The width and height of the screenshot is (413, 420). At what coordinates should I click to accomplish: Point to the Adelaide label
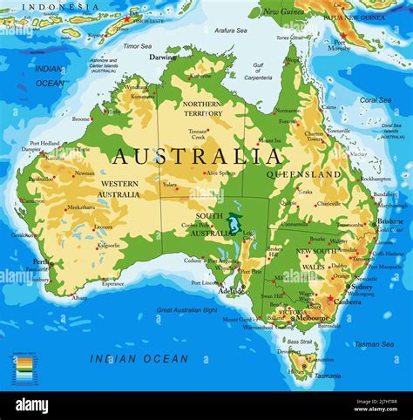(x=232, y=290)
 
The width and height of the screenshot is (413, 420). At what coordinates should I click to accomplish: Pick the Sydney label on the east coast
(x=362, y=286)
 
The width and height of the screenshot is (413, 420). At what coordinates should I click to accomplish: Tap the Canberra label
(x=348, y=301)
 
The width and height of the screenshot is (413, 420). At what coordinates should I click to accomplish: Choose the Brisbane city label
(x=389, y=221)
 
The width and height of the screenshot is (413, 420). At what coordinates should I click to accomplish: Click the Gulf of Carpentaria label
(x=258, y=71)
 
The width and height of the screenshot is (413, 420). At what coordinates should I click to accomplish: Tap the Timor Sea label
(x=137, y=45)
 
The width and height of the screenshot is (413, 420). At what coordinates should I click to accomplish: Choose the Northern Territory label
(x=202, y=108)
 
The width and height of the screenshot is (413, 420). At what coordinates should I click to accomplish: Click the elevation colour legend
(x=23, y=365)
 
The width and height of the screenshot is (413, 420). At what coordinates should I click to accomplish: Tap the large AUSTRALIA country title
(x=197, y=157)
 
